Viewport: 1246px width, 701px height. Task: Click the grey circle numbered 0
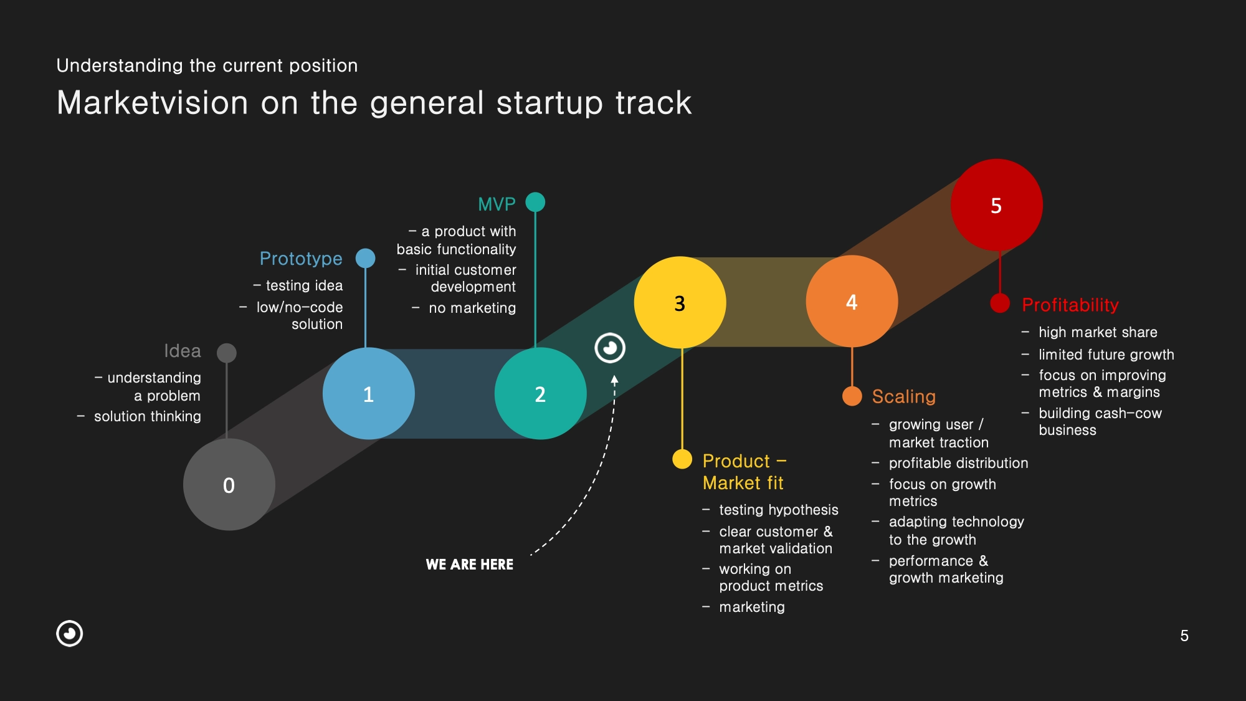click(229, 485)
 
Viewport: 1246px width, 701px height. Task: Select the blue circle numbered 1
click(369, 394)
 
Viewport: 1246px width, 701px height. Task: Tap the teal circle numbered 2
click(540, 394)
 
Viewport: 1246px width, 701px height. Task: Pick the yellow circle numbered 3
click(680, 303)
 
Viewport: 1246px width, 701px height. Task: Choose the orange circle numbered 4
click(852, 302)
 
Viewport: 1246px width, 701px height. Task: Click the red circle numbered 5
click(996, 205)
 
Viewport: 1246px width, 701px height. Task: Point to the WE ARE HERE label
click(470, 565)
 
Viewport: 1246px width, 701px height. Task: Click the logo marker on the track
click(610, 348)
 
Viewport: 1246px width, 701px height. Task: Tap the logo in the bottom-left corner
click(70, 634)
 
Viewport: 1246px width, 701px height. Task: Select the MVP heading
click(497, 204)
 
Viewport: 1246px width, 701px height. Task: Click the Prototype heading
click(301, 259)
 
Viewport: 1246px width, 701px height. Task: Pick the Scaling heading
click(903, 396)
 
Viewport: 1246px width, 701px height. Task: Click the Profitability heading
click(1070, 305)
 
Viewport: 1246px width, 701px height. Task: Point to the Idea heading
click(183, 351)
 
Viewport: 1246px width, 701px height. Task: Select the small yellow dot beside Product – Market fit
click(682, 459)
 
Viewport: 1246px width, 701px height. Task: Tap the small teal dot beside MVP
click(535, 202)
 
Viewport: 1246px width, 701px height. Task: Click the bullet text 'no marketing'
click(472, 308)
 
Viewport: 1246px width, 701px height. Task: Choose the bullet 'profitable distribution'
click(958, 463)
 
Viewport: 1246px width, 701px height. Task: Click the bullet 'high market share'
click(1098, 332)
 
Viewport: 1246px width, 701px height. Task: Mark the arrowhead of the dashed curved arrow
click(614, 379)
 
